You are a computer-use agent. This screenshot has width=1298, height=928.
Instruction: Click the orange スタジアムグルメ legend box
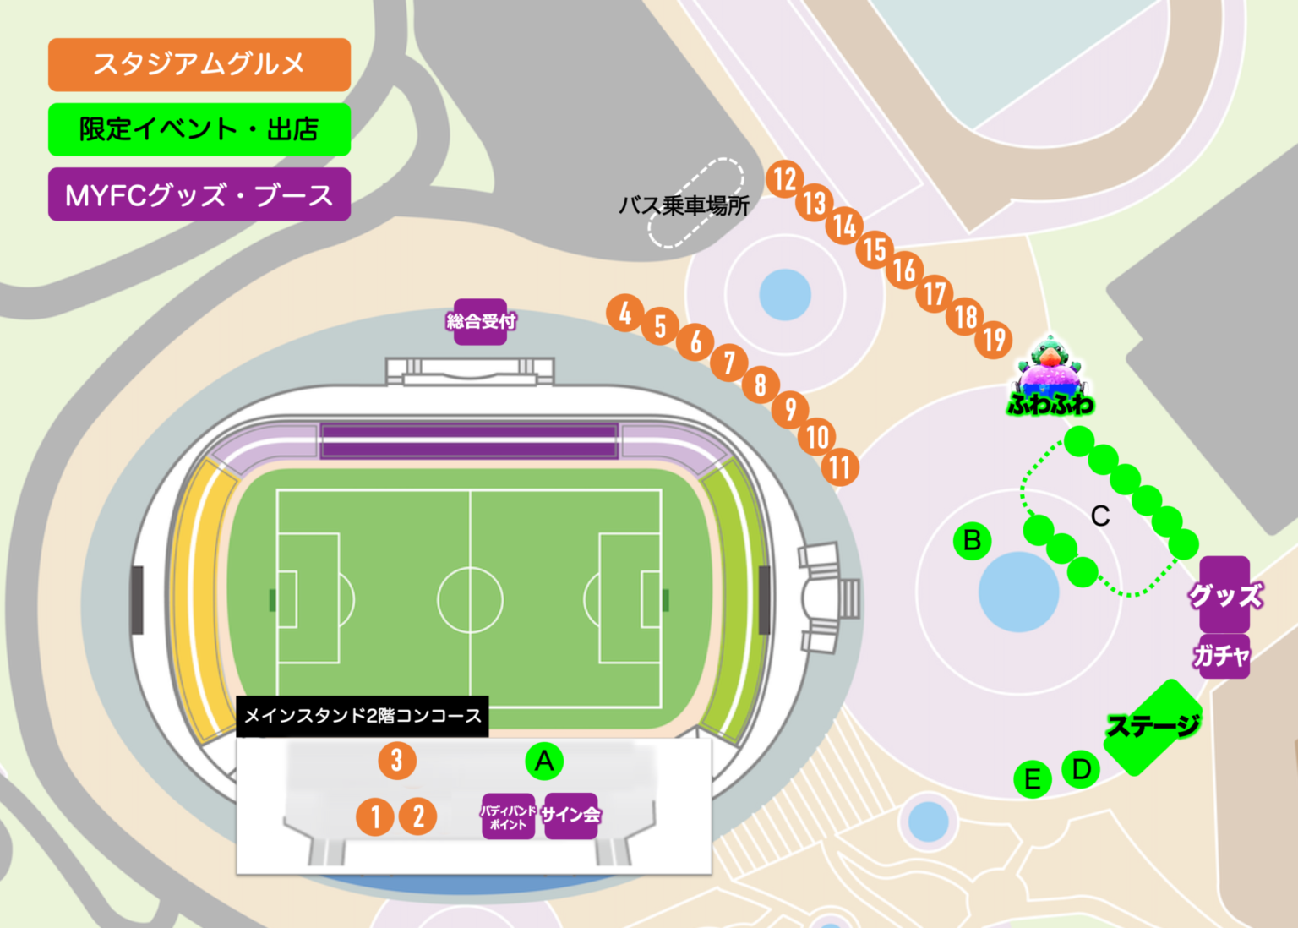199,64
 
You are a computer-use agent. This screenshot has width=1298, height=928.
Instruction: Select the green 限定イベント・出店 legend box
199,129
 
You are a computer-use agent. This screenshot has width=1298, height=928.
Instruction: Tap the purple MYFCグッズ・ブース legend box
199,194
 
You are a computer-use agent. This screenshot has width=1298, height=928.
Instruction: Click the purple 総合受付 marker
480,321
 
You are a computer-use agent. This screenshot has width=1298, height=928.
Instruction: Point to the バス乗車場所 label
684,205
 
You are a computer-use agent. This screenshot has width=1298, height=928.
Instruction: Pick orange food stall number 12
785,179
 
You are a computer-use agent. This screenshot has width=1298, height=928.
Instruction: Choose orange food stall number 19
995,340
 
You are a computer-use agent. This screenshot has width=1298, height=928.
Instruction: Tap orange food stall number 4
625,314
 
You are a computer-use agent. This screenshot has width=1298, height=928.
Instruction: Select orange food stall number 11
840,467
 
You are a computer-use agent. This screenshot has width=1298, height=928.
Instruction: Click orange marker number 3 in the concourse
397,760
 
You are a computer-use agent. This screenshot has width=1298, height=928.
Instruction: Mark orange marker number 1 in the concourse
375,816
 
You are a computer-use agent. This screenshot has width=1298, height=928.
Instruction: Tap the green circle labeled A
544,762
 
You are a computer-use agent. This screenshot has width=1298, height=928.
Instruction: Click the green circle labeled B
972,540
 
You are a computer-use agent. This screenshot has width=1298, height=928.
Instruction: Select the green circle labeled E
1032,779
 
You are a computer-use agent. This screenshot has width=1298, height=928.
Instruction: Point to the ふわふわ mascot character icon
1050,376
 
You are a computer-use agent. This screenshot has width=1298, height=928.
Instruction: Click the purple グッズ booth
1224,594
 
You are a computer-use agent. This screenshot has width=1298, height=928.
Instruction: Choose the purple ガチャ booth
1222,656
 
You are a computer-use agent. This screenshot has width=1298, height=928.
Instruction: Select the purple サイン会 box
571,816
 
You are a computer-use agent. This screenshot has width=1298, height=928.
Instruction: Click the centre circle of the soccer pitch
470,600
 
